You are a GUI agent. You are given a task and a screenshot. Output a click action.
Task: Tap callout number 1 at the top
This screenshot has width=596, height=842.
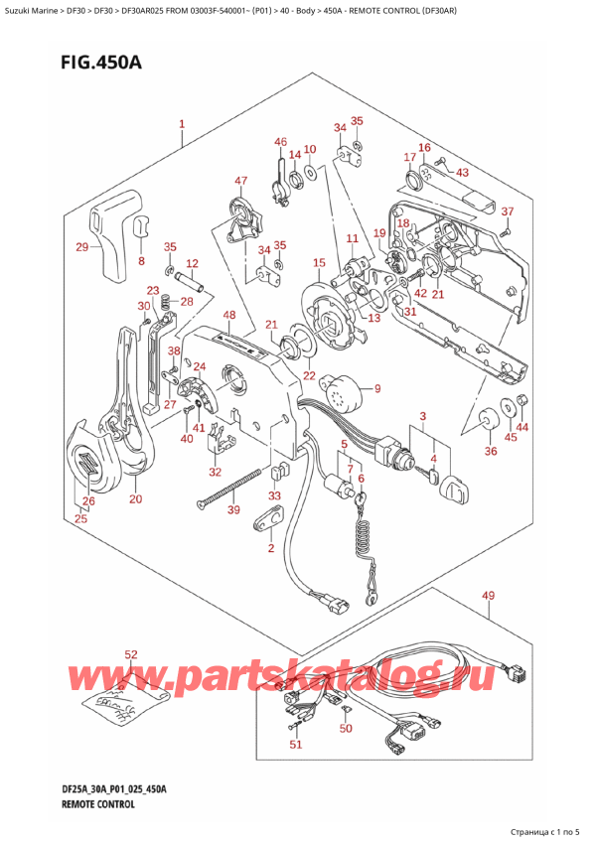pos(182,125)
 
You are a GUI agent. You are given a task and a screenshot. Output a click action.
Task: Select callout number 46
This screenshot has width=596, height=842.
pos(281,142)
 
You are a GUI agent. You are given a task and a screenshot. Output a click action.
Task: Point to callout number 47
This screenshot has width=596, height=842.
pos(240,180)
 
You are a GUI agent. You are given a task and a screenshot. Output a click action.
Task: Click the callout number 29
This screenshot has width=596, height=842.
pos(82,246)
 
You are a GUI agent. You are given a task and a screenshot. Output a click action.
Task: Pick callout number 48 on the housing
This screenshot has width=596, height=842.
pos(229,316)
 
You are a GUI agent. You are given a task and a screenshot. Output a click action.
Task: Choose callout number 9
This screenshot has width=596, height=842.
pos(376,388)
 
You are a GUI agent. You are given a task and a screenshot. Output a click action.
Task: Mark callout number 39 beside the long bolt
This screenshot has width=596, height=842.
pos(234,509)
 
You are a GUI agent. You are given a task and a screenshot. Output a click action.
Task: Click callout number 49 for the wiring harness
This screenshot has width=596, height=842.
pos(487,596)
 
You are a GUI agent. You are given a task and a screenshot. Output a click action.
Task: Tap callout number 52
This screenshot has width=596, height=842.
pos(131,654)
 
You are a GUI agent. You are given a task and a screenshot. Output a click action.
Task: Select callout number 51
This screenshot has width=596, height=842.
pos(294,745)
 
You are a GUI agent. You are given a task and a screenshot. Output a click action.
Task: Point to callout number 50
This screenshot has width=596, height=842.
pos(345,730)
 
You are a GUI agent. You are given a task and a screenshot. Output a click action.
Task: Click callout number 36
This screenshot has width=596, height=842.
pos(490,452)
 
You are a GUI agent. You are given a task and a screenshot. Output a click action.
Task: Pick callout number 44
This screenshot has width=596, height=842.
pos(523,427)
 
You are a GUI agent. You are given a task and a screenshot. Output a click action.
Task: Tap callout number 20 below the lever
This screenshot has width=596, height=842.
pos(136,498)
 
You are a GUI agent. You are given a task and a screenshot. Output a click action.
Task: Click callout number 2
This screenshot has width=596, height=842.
pos(269,548)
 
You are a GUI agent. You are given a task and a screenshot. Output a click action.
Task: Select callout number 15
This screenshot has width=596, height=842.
pos(318,263)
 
